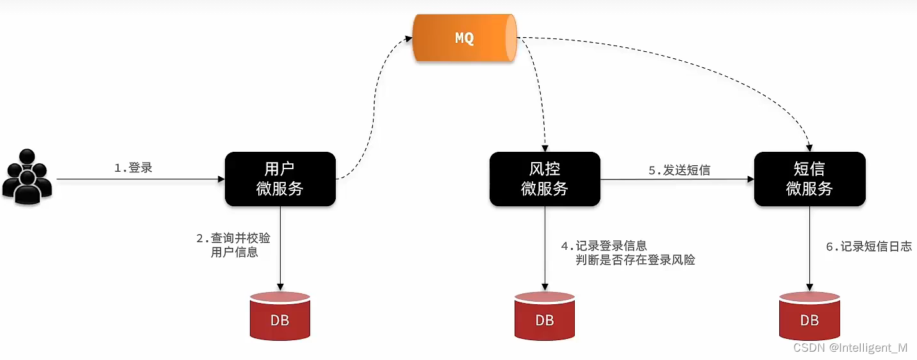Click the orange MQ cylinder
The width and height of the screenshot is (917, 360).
tap(465, 38)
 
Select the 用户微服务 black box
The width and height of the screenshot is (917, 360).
tap(280, 179)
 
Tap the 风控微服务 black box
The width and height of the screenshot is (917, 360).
tap(545, 179)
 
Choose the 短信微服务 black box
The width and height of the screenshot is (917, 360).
tap(809, 179)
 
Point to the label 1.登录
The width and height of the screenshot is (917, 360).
tap(133, 168)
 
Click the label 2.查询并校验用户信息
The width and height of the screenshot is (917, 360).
tap(234, 245)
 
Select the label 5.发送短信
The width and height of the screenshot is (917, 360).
tap(679, 170)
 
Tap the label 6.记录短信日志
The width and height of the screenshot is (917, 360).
tap(868, 247)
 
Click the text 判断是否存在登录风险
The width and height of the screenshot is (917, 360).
tap(636, 260)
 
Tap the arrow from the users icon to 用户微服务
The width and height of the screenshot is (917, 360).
tap(141, 180)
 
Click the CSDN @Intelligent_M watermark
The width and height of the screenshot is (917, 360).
tap(850, 348)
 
